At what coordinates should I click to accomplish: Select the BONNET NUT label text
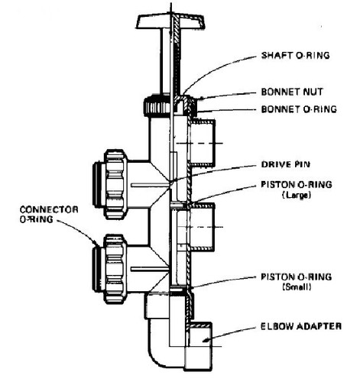pos(294,91)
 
